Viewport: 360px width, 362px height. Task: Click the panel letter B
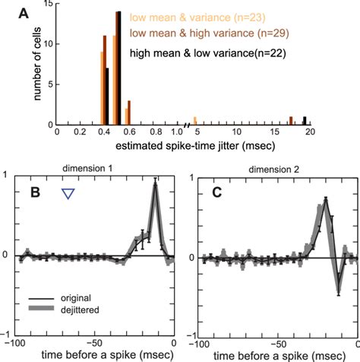point(34,195)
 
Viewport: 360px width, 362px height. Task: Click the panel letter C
point(216,194)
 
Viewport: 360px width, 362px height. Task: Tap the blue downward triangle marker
point(68,194)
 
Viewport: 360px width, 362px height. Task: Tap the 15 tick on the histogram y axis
point(47,5)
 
